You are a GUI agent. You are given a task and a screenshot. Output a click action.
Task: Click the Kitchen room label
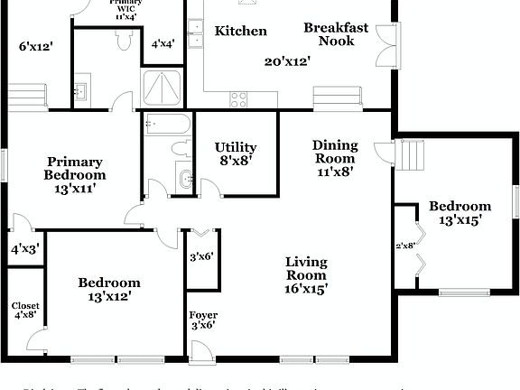240,32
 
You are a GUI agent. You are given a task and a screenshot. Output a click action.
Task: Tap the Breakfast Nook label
336,34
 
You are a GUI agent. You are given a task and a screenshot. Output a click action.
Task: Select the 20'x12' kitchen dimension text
287,61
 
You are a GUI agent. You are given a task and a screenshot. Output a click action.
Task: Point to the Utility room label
235,147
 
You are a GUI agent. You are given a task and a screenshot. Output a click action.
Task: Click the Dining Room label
335,151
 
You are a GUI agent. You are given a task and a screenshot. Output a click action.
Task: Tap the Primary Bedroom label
76,169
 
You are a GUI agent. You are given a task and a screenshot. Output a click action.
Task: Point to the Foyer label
202,316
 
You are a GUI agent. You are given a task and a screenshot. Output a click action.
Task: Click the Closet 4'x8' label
24,311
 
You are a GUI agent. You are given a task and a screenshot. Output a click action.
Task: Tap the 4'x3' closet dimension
24,249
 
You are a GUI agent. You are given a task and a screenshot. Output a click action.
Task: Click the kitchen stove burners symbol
238,99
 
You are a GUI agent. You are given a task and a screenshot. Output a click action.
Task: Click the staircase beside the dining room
411,155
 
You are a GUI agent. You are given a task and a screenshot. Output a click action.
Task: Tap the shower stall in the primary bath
162,88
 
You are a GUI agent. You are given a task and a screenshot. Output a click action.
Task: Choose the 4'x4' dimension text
163,42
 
